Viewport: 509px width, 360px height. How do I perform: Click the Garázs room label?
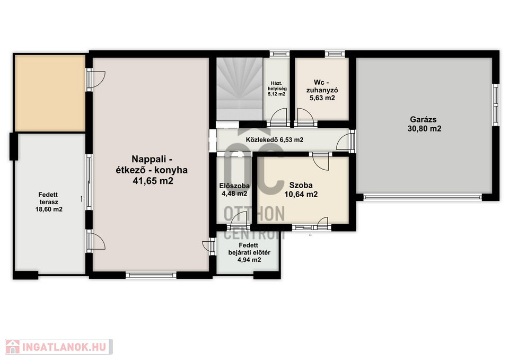tap(423, 119)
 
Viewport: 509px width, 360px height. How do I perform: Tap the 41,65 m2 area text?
tap(153, 181)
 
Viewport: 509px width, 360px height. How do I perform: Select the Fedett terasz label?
tap(48, 198)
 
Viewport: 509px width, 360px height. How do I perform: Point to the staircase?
tap(239, 89)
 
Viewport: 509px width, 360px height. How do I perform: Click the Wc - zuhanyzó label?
tap(322, 86)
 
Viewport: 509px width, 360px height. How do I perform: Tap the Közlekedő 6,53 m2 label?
tap(274, 140)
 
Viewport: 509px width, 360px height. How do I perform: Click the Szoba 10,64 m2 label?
tap(301, 190)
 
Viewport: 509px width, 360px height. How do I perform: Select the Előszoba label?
tap(234, 186)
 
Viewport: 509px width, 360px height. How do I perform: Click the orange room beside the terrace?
tap(50, 93)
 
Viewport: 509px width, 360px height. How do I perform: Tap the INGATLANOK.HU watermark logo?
tap(59, 347)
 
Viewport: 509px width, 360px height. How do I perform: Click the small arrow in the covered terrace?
tap(82, 199)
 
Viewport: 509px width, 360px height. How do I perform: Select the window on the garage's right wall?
tap(496, 105)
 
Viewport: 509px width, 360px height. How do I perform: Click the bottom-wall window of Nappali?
tap(151, 275)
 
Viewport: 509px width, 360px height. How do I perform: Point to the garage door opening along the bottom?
tap(423, 197)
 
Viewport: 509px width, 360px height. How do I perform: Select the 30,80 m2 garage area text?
tap(424, 128)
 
